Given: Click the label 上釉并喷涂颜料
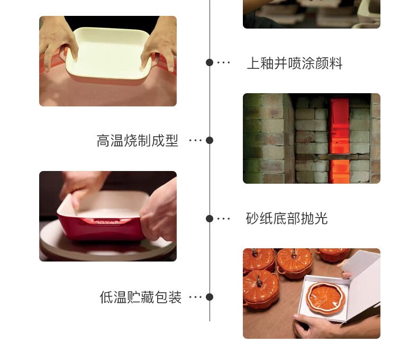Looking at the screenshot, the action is (295, 63).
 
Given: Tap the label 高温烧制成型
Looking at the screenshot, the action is (137, 140).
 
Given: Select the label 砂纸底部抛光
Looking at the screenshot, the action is (287, 219).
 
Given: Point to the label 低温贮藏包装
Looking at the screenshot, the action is (141, 297).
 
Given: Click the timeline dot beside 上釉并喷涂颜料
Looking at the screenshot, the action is (210, 62).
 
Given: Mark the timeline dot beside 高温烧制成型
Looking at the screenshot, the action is (210, 140).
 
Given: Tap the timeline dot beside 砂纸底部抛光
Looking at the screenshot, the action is (210, 219).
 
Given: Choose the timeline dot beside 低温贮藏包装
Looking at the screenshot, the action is (210, 297).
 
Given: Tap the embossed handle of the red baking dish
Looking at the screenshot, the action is (106, 222).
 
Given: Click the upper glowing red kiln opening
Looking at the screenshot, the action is (340, 126).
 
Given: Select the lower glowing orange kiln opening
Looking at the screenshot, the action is (339, 171).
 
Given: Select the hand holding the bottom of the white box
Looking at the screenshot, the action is (315, 326).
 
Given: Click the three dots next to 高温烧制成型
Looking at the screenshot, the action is (195, 140).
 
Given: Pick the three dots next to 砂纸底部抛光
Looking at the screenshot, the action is (223, 219).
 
